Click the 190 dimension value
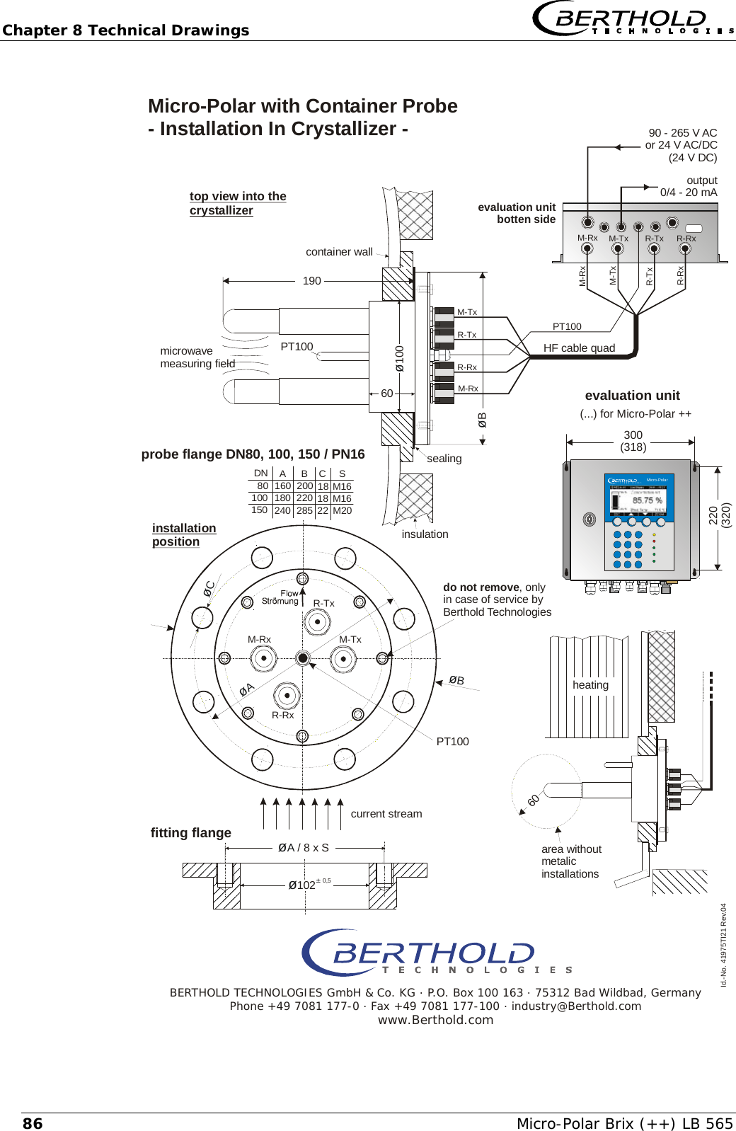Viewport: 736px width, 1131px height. [x=311, y=281]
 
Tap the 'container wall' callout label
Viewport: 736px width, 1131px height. [x=339, y=252]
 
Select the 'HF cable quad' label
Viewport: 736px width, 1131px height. [x=579, y=348]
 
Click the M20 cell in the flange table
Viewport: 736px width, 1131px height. [x=342, y=510]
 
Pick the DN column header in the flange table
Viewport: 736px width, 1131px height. [x=260, y=473]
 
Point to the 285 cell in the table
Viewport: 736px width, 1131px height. [x=304, y=510]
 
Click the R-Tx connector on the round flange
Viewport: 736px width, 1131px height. [x=317, y=622]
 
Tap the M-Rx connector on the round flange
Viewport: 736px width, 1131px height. [x=263, y=659]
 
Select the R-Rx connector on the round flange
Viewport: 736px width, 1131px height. [x=287, y=696]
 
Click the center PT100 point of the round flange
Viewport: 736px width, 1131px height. [x=303, y=658]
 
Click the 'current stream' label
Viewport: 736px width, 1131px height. [x=386, y=814]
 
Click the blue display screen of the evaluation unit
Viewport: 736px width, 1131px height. [x=638, y=499]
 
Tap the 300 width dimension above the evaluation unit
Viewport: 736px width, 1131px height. [x=633, y=435]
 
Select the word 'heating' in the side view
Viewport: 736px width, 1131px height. [x=590, y=685]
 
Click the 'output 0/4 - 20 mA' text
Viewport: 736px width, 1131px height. [x=689, y=186]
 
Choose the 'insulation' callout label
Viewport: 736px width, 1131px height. [x=425, y=534]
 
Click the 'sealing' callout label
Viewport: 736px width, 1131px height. [x=444, y=459]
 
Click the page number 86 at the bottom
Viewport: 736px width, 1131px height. [x=33, y=1123]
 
